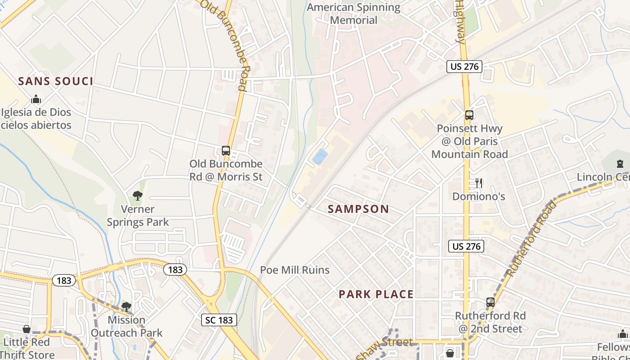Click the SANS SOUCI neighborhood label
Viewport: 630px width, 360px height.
click(56, 81)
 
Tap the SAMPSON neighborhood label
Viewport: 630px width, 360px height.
click(358, 209)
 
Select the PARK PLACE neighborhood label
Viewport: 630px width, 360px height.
click(376, 294)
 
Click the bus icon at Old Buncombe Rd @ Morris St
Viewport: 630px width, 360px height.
click(226, 151)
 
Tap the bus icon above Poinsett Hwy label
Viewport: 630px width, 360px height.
click(469, 115)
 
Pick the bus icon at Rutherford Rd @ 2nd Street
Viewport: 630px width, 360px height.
click(490, 302)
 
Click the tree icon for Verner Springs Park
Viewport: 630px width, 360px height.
click(138, 196)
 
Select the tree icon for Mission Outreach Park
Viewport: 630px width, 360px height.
click(126, 307)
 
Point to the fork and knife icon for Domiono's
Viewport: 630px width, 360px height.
click(479, 183)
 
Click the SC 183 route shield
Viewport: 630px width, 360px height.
click(219, 320)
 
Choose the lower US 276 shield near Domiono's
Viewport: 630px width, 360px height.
click(466, 246)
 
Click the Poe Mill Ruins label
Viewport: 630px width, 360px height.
click(295, 270)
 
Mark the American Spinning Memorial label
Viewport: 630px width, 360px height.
click(353, 13)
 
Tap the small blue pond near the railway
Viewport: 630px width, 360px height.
click(320, 157)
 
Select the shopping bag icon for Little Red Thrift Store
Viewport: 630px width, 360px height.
click(27, 329)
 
